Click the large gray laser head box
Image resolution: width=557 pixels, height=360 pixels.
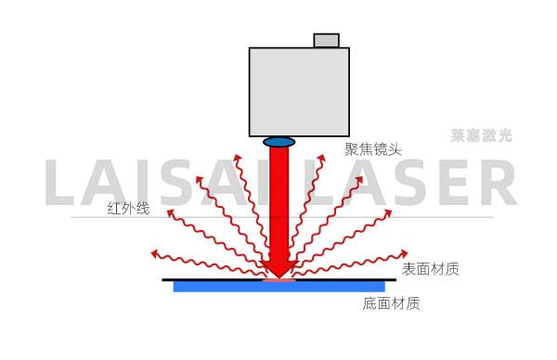coord(299,91)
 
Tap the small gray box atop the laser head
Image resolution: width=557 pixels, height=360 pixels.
coord(326,40)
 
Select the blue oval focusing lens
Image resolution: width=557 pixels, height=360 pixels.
coord(278,142)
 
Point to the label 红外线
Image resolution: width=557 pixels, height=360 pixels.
coord(128,208)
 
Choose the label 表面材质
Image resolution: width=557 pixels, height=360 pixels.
coord(430,269)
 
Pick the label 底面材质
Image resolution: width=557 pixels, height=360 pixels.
coord(391,302)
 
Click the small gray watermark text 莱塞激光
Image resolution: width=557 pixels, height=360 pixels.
coord(481,135)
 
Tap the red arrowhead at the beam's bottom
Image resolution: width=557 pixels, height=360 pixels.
coord(278,267)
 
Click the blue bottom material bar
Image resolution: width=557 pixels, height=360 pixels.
coord(278,287)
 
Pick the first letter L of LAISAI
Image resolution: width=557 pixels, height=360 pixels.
coord(61,185)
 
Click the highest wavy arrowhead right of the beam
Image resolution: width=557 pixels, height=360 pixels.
coord(322,157)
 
